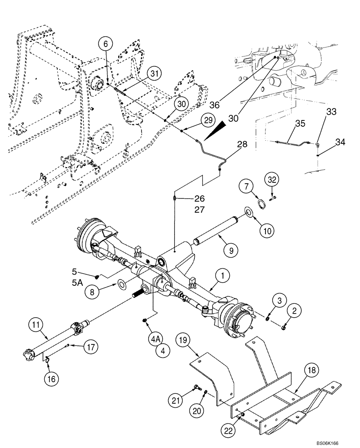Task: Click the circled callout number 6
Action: coord(106,43)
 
